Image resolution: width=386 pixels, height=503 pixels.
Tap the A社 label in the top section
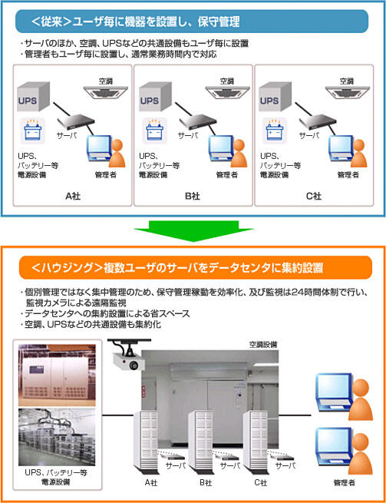[73, 197]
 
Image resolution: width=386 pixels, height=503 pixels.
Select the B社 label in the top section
[193, 197]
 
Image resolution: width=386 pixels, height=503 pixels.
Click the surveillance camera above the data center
[127, 360]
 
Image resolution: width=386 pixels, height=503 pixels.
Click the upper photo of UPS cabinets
[57, 374]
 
